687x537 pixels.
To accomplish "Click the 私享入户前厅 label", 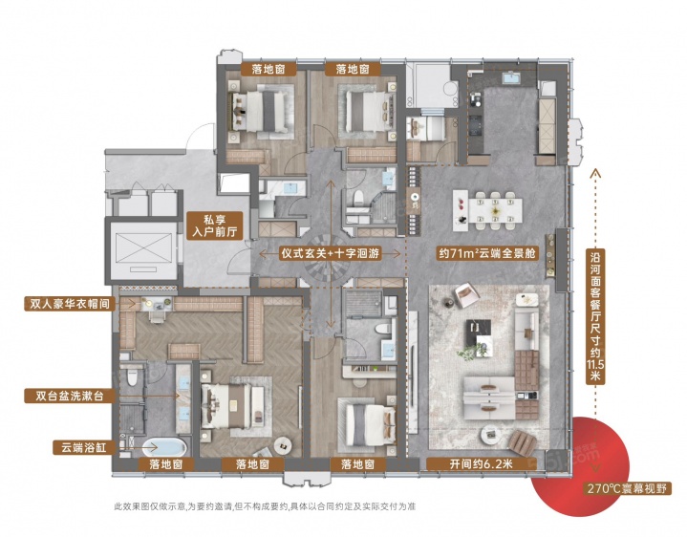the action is coord(215,226).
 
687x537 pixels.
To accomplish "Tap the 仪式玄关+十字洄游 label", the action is coord(330,253).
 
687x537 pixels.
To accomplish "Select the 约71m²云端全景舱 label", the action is coord(486,253).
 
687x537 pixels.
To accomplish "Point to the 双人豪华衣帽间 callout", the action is coord(70,304).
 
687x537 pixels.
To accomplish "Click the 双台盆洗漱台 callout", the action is coord(70,396).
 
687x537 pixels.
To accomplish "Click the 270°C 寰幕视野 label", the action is coord(628,488).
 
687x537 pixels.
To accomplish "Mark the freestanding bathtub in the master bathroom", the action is coord(165,447).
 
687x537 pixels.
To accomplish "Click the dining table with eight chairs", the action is coord(487,210).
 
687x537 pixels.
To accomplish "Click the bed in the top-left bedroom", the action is coord(262,111).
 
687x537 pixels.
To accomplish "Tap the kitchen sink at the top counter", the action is coord(510,78).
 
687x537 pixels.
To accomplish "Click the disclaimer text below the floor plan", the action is coord(265,507).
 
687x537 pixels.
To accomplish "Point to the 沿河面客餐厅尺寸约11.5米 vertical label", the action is coord(595,316).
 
